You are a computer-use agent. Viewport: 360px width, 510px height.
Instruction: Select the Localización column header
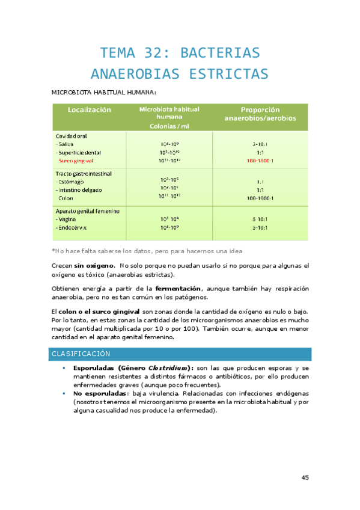click(x=90, y=110)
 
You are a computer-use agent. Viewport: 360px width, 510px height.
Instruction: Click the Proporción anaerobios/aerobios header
click(x=260, y=114)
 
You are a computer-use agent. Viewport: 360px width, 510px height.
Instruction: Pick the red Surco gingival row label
click(x=76, y=161)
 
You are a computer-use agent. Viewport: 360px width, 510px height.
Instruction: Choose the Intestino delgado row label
click(x=78, y=189)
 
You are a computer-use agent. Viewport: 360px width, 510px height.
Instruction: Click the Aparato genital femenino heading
click(x=87, y=211)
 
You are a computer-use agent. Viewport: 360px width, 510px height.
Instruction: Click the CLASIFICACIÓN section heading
click(x=81, y=354)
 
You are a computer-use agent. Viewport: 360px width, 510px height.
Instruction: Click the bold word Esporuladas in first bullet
click(x=94, y=368)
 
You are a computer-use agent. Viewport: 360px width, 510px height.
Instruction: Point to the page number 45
click(x=305, y=477)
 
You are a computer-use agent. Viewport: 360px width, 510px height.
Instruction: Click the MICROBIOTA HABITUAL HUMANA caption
click(x=104, y=93)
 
